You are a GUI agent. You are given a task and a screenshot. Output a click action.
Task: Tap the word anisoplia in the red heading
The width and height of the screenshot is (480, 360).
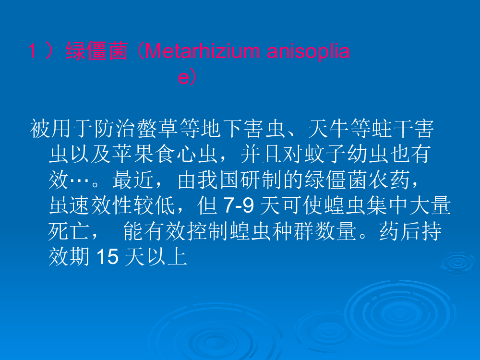(308, 51)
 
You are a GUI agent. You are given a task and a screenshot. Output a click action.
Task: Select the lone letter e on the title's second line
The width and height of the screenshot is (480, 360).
(184, 77)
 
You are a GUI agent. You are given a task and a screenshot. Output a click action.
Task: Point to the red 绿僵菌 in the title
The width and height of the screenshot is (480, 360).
(97, 51)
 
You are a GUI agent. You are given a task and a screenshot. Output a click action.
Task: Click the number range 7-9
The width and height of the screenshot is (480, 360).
(239, 205)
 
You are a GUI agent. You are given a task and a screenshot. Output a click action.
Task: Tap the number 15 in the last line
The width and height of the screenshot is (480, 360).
(108, 256)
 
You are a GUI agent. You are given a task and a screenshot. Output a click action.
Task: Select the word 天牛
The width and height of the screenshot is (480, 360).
(328, 129)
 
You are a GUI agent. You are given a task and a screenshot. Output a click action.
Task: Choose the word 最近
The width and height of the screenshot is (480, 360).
(133, 180)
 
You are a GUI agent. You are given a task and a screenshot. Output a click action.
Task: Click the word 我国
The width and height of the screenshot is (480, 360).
(218, 180)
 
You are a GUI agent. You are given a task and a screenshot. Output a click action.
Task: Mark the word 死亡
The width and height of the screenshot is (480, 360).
(69, 231)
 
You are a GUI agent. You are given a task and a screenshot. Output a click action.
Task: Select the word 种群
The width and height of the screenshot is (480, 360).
(293, 231)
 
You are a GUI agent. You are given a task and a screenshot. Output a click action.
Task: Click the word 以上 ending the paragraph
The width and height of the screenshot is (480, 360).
(167, 256)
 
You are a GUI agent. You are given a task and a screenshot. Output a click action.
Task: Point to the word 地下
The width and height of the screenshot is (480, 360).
(222, 129)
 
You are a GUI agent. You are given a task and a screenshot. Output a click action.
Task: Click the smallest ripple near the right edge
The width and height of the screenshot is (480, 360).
(457, 263)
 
